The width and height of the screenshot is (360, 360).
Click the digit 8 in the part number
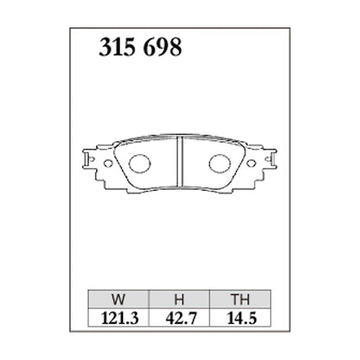(176, 49)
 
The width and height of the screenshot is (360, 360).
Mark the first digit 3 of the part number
(103, 49)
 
